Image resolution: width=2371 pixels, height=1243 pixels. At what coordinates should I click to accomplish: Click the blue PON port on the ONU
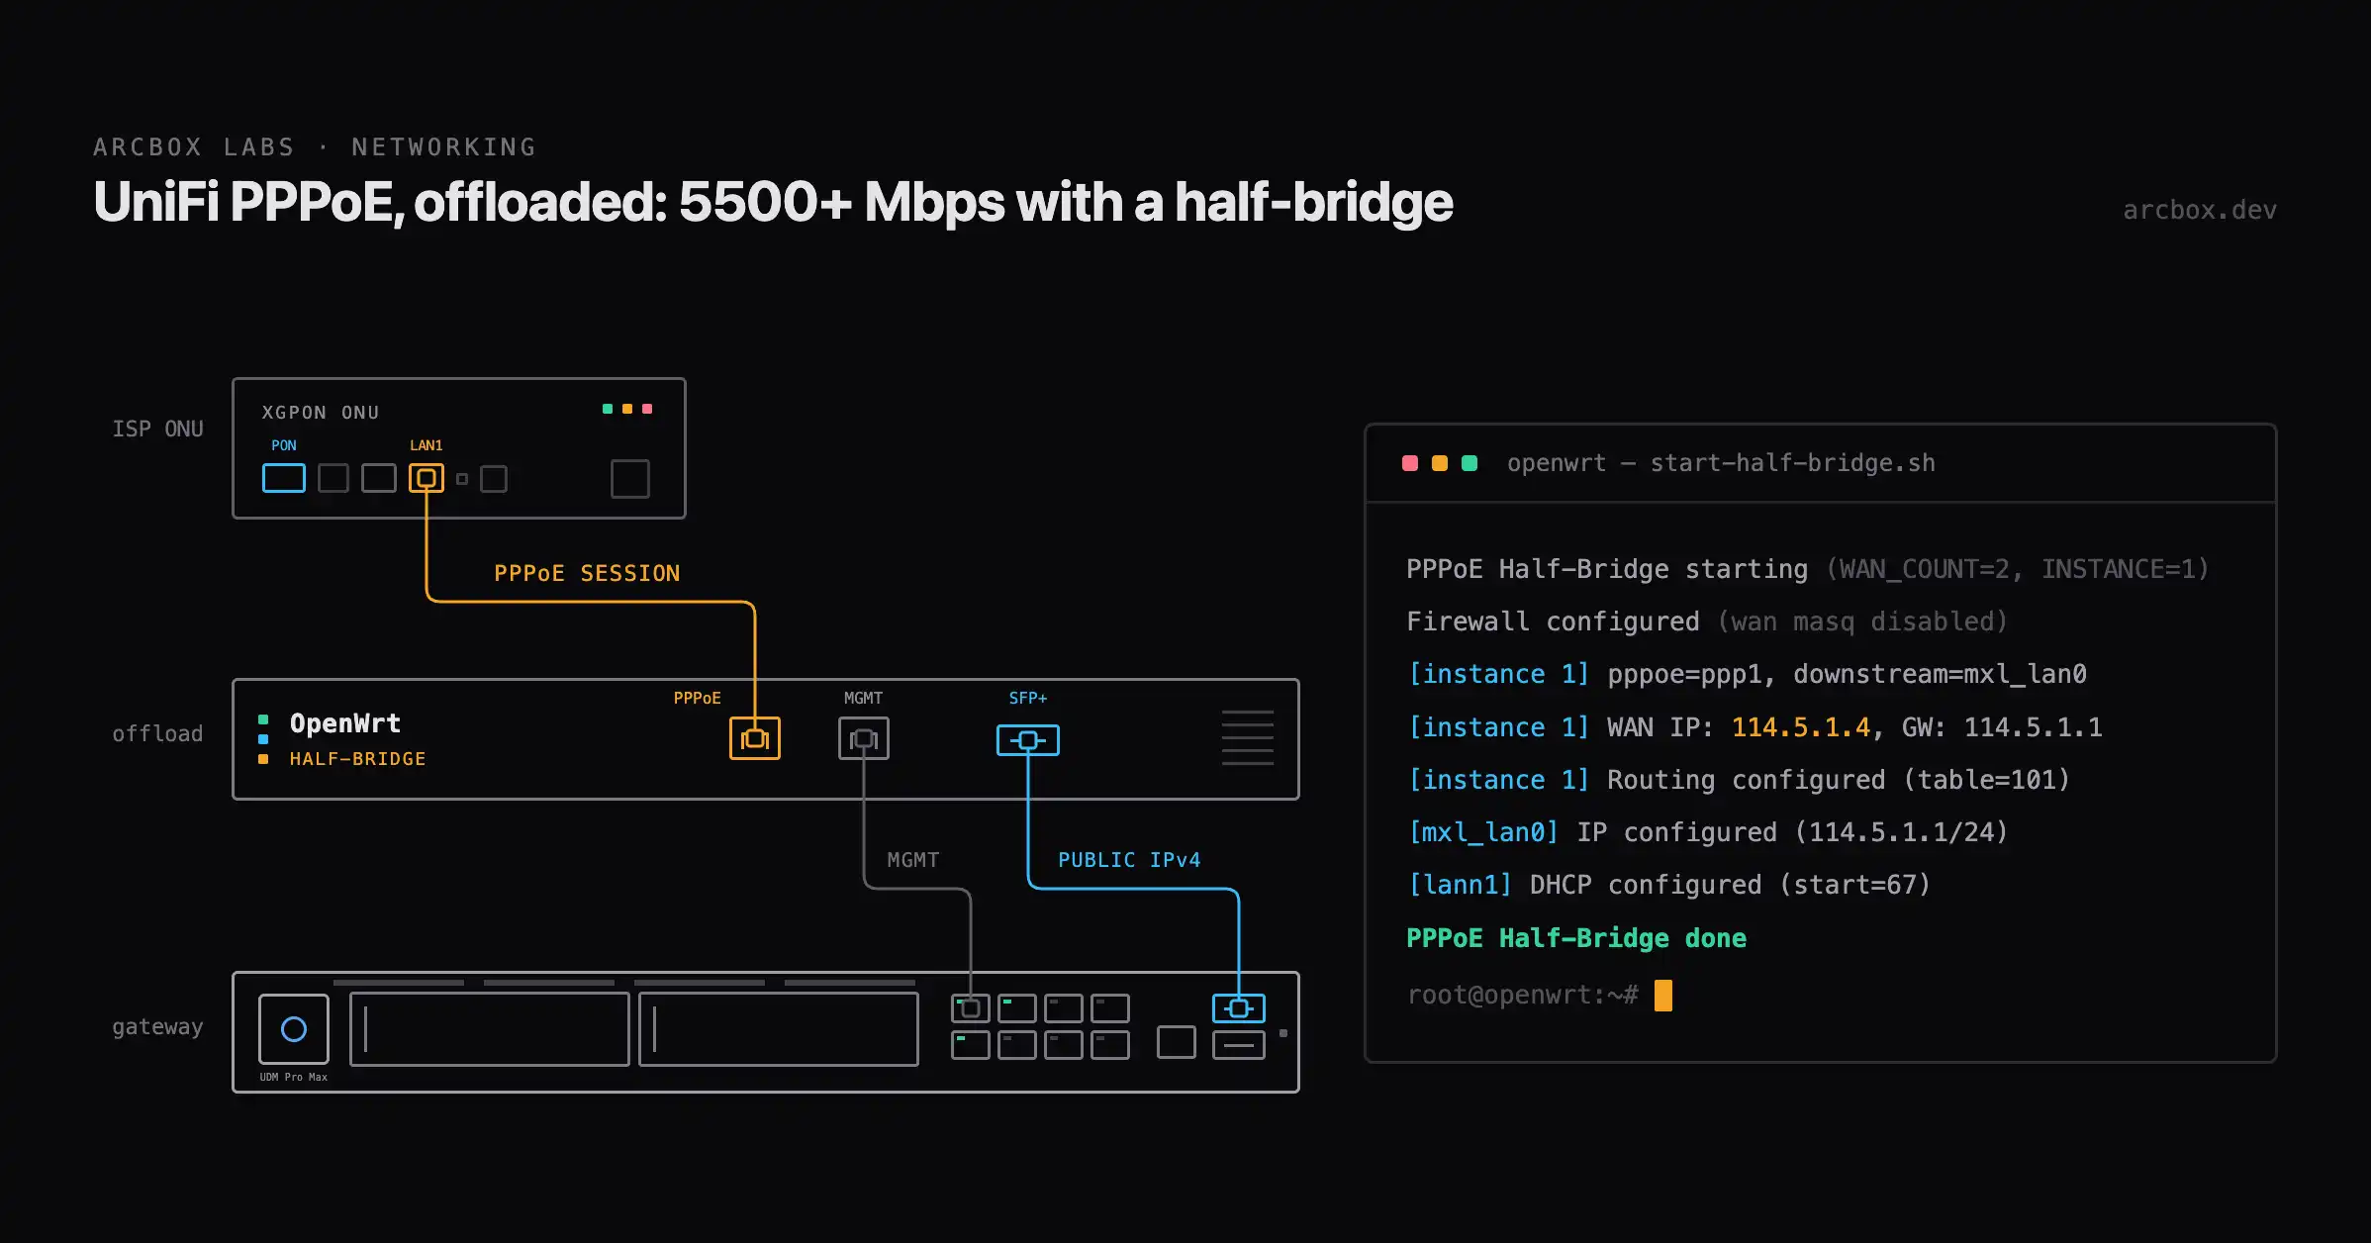coord(284,478)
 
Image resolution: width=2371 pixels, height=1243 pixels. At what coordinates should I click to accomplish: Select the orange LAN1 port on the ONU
coord(427,478)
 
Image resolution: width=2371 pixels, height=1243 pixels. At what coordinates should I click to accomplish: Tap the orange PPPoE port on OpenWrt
coord(755,738)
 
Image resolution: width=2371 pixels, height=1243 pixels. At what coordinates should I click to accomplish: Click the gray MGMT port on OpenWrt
coord(864,738)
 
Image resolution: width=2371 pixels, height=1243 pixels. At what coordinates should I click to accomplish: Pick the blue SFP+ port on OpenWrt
coord(1028,740)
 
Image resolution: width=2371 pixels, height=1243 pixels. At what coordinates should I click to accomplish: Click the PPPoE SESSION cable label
coord(587,573)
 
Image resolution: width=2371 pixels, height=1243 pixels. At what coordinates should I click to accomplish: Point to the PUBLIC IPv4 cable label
coord(1129,860)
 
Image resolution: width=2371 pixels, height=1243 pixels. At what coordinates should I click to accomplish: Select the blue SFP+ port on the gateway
coord(1239,1008)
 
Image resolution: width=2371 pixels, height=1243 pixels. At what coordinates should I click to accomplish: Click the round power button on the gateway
coord(294,1029)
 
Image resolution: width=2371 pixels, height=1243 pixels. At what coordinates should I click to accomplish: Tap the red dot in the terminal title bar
coord(1410,463)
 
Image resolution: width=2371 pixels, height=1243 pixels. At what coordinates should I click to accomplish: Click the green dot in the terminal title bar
coord(1470,463)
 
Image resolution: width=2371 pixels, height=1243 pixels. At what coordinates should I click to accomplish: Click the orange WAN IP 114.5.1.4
coord(1801,727)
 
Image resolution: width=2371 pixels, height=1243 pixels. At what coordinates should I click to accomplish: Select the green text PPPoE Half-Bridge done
coord(1576,938)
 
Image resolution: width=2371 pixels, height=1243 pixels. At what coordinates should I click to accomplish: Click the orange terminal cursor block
coord(1663,996)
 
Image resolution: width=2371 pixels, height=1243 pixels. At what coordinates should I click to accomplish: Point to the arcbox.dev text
coord(2200,210)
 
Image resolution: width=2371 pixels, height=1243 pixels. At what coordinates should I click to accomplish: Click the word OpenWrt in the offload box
coord(345,723)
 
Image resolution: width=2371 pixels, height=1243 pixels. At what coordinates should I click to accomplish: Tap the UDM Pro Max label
coord(293,1077)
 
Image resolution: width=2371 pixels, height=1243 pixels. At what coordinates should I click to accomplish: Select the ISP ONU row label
coord(157,429)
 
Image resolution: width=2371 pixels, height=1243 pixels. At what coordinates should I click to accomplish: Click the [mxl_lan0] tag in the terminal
coord(1482,832)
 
